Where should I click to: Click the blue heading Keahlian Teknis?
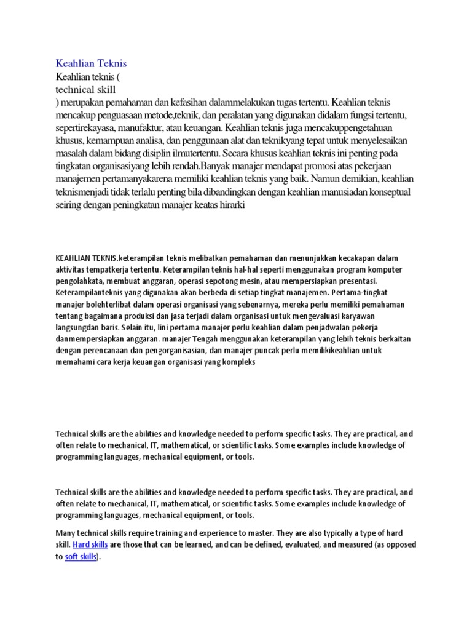tap(91, 63)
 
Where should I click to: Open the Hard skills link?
tap(90, 544)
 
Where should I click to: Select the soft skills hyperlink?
tap(81, 557)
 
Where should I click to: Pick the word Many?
tap(66, 532)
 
